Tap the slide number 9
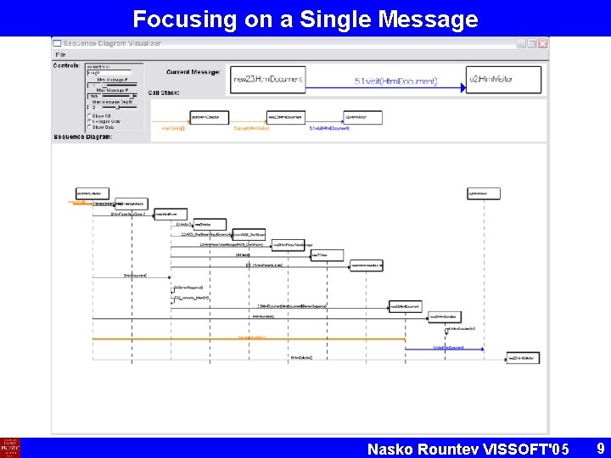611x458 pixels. pos(600,446)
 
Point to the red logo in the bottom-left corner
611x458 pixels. pos(10,447)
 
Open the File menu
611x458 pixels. pos(61,53)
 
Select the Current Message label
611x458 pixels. pos(193,72)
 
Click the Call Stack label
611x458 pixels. pos(164,92)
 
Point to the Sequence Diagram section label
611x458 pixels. pos(82,137)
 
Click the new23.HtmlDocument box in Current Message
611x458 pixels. pos(266,80)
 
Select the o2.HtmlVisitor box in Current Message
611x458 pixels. pos(503,80)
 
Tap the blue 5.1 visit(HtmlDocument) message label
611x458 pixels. pos(395,81)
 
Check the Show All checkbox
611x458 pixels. pos(89,115)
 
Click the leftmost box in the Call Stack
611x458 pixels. pos(210,117)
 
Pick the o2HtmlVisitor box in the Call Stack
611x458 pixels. pos(362,117)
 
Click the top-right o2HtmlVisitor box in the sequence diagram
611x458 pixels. pos(478,193)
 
